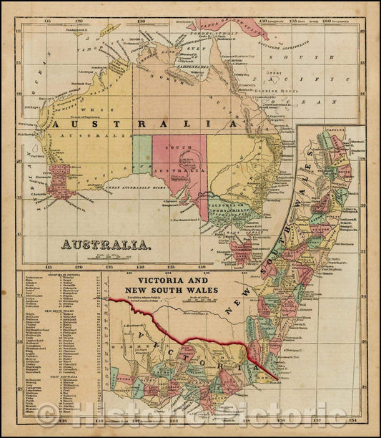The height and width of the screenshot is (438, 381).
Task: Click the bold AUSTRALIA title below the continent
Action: [106, 244]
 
